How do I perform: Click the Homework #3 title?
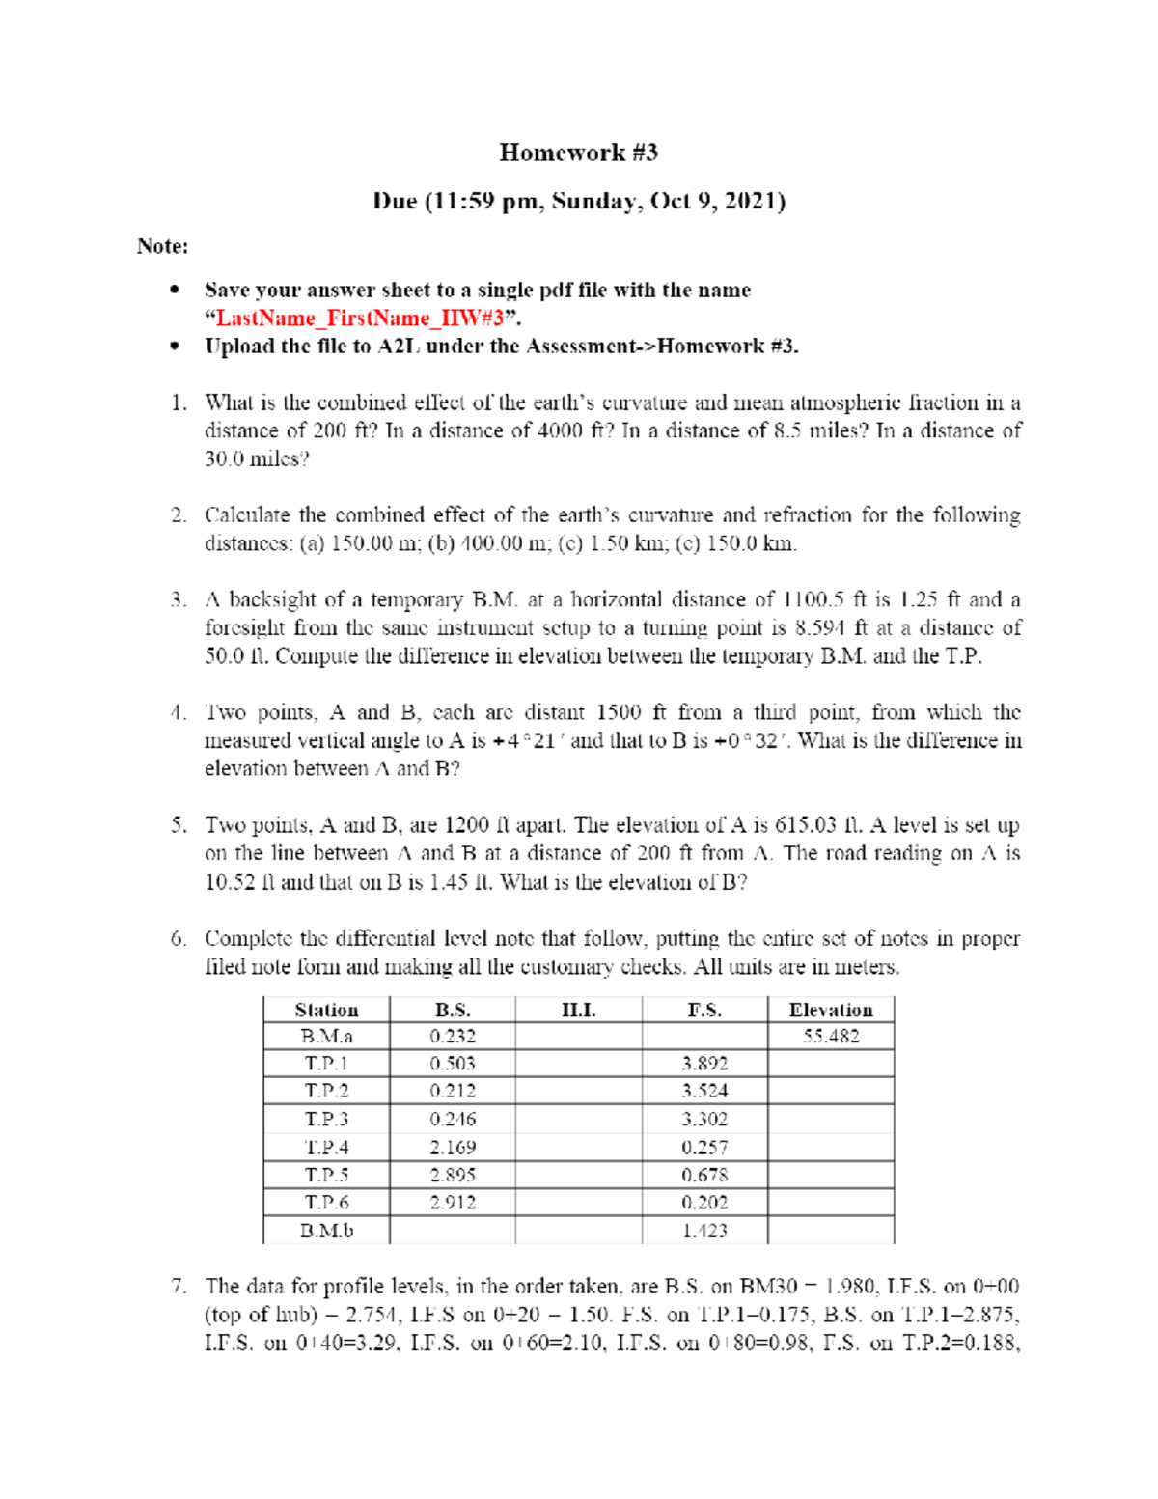click(578, 153)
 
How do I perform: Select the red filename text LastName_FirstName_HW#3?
click(359, 319)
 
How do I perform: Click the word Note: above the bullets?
click(162, 246)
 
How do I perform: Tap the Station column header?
click(326, 1010)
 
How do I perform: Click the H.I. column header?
click(578, 1010)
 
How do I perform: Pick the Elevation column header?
click(830, 1010)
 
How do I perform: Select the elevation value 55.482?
click(830, 1037)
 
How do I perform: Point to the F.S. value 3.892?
click(704, 1064)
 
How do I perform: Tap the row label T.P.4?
click(326, 1148)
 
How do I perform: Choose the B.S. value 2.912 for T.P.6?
click(452, 1203)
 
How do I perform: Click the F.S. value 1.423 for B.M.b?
click(704, 1231)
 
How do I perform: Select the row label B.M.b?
click(326, 1231)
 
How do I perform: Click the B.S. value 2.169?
click(452, 1148)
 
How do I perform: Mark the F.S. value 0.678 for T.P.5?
click(704, 1176)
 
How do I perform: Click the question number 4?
click(178, 713)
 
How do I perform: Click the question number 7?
click(178, 1287)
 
